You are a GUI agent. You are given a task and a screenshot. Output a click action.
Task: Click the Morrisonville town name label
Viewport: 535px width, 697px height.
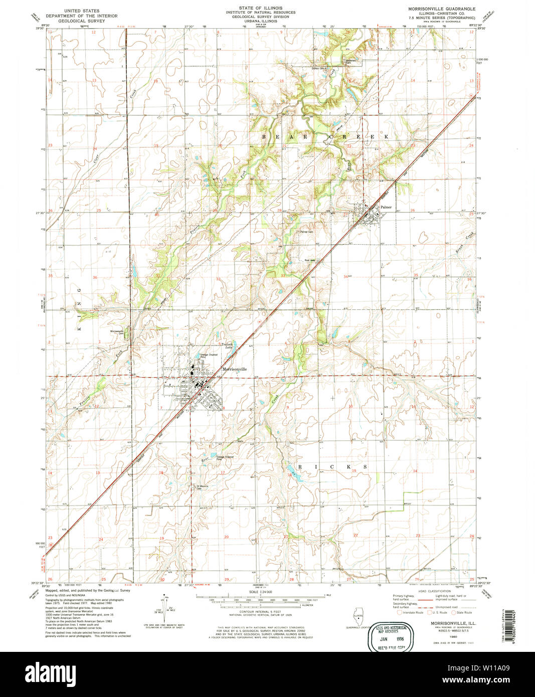coord(235,369)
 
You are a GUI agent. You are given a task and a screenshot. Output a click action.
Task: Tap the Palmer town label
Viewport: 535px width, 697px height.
coord(386,207)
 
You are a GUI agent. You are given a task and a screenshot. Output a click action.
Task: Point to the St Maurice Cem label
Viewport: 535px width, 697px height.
coord(202,487)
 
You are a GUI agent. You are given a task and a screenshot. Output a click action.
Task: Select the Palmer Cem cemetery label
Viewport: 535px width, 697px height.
coord(306,232)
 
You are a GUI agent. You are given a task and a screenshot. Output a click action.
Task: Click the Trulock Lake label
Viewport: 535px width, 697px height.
coord(229,346)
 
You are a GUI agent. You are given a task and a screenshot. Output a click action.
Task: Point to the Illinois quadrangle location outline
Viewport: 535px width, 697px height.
coord(359,615)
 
